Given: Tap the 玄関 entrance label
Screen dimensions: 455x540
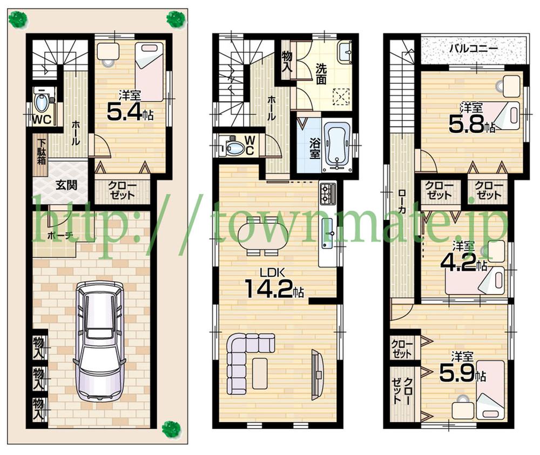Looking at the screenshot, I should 65,184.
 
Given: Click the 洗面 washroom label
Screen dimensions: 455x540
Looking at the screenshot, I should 321,75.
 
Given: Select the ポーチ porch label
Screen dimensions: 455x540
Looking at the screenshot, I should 59,235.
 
